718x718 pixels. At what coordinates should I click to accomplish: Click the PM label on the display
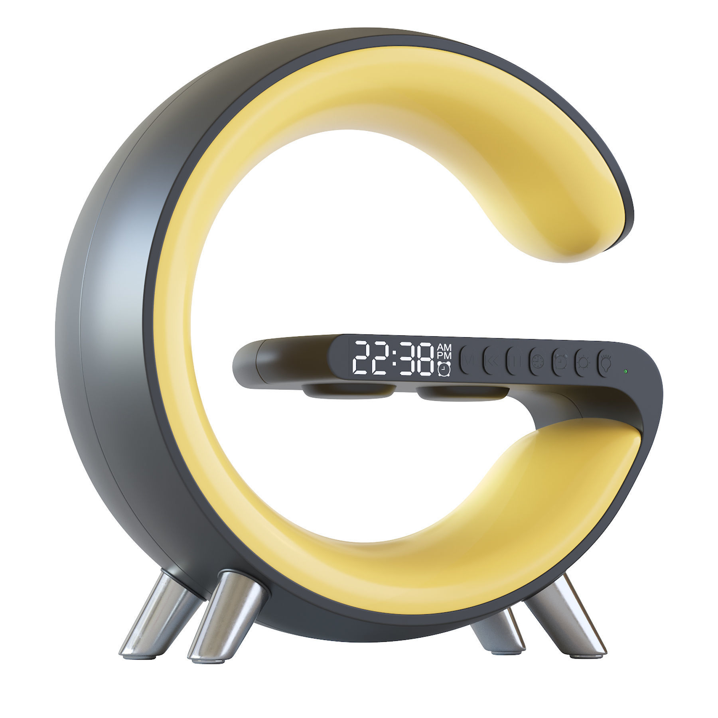pos(444,355)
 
